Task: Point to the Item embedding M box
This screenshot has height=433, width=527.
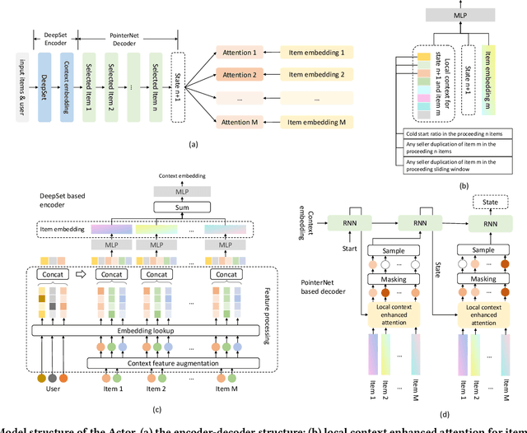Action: point(312,123)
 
